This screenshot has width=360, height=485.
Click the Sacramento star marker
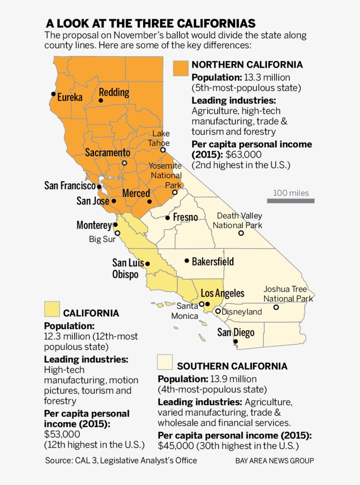pos(124,163)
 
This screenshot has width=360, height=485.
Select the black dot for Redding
pos(101,101)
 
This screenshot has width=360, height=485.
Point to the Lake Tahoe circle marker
pos(163,150)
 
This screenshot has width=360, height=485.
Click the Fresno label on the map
pos(185,217)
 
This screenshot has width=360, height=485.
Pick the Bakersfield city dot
pos(187,261)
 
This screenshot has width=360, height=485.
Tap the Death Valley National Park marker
pos(241,233)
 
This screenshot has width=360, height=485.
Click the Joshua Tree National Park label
pos(288,294)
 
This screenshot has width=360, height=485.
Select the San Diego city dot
pos(236,341)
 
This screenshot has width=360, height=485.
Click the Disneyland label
pos(241,312)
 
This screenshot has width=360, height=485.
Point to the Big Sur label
pos(102,239)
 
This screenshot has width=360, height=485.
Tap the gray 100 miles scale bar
pos(291,201)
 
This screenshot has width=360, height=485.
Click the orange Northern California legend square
pos(180,68)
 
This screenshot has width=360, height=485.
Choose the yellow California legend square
pos(52,309)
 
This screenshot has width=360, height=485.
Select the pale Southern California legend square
pos(165,362)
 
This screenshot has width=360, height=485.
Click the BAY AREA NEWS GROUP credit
pos(274,461)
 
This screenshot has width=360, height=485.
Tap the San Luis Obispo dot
pos(148,264)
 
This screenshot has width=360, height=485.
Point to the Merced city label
pos(136,194)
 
